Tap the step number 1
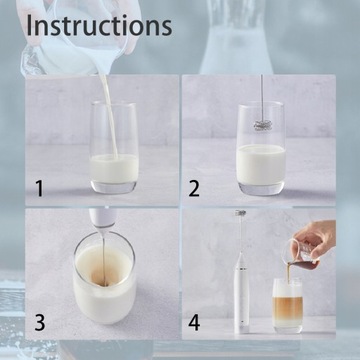click(39, 187)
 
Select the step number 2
click(195, 187)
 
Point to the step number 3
click(39, 322)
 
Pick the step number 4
click(194, 322)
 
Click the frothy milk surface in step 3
click(103, 275)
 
